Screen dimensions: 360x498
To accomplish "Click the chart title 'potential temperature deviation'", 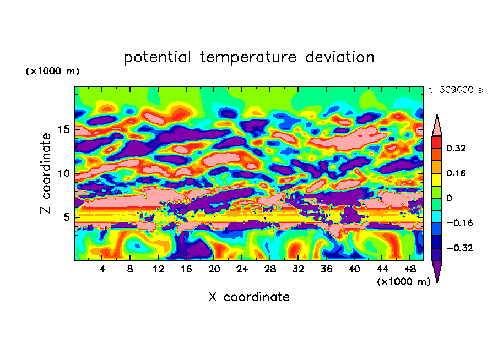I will (249, 57).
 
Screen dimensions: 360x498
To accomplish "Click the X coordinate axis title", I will (249, 297).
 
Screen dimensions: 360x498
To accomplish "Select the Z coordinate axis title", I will (46, 173).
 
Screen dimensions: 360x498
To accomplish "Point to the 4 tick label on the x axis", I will (102, 270).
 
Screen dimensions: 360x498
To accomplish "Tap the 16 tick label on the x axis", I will (186, 270).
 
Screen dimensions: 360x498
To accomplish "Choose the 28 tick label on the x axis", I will (270, 270).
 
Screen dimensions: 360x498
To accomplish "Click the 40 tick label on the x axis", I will (354, 270).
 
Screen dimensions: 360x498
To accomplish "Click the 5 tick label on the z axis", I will (65, 217).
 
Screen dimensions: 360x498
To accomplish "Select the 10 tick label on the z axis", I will (62, 173).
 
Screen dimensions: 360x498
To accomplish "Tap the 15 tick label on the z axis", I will (62, 129).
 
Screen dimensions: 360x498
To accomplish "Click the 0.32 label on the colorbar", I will (456, 148).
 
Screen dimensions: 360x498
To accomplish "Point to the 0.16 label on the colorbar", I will (456, 173).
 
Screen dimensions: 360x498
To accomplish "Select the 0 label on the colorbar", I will (449, 198).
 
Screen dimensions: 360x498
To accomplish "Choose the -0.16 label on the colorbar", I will (458, 223).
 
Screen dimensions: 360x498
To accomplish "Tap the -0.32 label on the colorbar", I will (458, 248).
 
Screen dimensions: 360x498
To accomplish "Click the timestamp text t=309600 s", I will (456, 90).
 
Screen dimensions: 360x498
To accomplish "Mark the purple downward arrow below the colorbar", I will (437, 271).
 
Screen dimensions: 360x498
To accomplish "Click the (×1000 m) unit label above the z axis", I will (52, 72).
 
